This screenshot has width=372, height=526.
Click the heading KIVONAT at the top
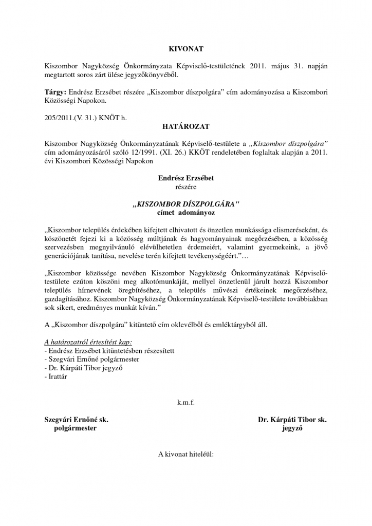tap(186, 49)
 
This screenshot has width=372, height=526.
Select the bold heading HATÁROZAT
tap(186, 125)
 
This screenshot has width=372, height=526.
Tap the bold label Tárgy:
tap(55, 92)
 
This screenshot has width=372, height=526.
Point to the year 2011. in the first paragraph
tap(259, 66)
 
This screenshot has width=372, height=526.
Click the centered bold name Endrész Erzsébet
tap(186, 178)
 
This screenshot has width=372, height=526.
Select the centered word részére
tap(186, 187)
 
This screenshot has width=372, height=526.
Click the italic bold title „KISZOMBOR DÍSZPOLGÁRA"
tap(186, 204)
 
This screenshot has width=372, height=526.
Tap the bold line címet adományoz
tap(186, 212)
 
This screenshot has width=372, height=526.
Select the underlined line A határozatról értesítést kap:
tap(88, 342)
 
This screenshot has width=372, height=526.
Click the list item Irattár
tap(58, 377)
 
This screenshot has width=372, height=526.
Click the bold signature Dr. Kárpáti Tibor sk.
tap(292, 419)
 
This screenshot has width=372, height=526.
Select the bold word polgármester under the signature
tap(75, 428)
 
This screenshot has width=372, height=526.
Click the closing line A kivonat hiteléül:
tap(186, 454)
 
